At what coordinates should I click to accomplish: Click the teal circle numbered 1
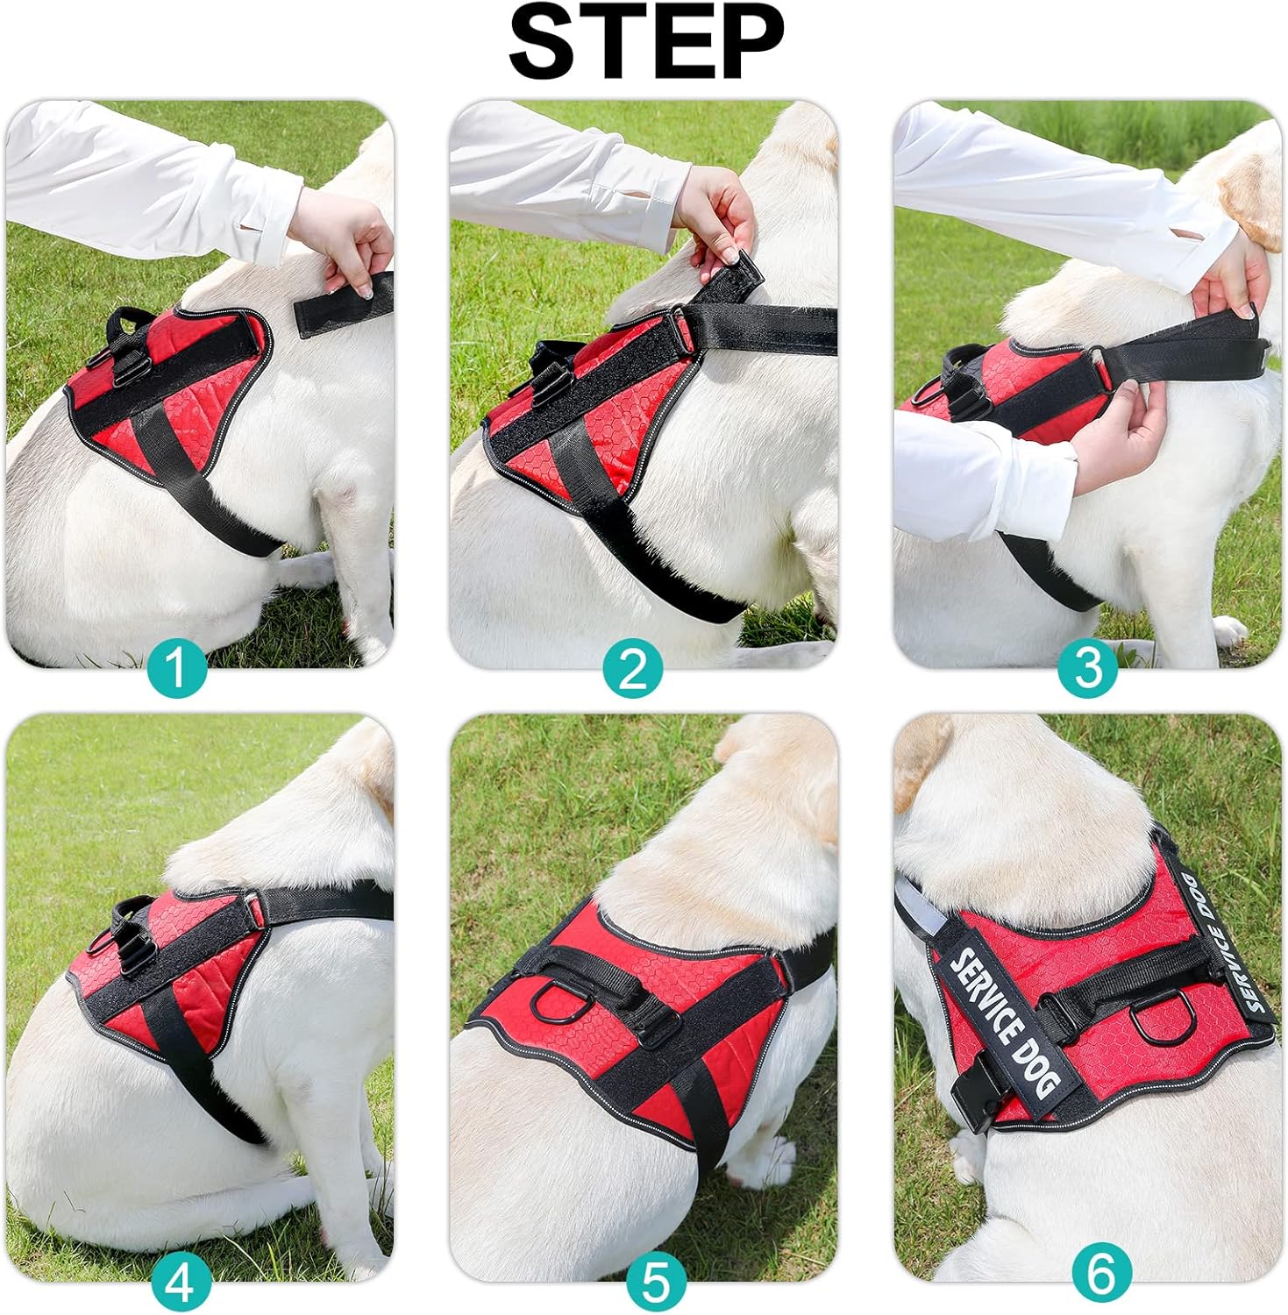click(x=178, y=669)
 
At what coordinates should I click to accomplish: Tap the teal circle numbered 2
click(x=633, y=669)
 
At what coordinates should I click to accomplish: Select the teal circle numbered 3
click(x=1087, y=669)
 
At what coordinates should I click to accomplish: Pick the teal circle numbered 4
click(x=181, y=1283)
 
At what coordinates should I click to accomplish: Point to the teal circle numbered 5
click(x=656, y=1283)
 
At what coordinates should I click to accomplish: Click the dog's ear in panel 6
click(x=921, y=754)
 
